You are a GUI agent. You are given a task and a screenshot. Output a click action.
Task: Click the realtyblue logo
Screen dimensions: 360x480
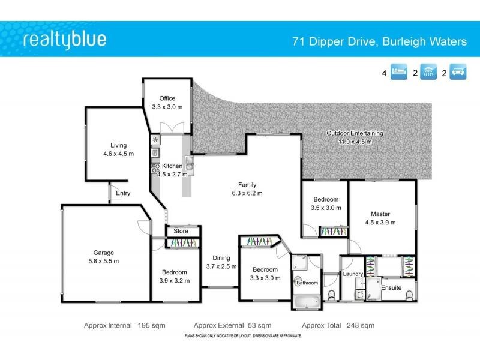click(64, 40)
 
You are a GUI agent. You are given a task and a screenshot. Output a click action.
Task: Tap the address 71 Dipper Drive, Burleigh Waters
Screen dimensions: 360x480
click(379, 41)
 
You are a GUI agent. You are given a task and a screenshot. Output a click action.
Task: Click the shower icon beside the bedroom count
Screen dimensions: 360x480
click(428, 74)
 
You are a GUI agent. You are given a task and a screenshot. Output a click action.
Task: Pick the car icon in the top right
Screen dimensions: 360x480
click(458, 74)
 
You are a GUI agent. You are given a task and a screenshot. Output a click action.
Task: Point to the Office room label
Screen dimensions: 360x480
click(167, 98)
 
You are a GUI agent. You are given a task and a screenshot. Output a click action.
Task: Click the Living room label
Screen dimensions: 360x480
click(118, 145)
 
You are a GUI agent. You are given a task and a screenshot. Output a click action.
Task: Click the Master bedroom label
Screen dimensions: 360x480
click(380, 214)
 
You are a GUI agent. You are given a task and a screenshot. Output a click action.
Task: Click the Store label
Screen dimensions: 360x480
click(181, 231)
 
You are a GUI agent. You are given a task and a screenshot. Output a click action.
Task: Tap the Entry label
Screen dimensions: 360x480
click(123, 193)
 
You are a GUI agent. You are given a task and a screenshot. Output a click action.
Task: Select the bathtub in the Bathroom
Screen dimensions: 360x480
click(306, 301)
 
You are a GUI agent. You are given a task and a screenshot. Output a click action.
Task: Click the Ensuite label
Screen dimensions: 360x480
click(391, 287)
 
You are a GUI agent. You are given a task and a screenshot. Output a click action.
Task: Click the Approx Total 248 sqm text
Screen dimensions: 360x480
click(338, 325)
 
